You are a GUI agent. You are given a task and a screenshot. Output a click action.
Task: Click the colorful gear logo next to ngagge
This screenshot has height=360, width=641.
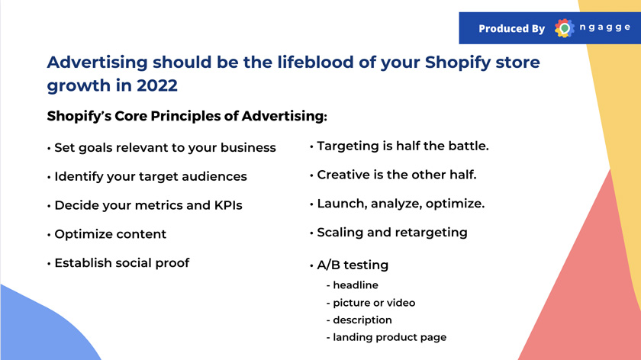(564, 28)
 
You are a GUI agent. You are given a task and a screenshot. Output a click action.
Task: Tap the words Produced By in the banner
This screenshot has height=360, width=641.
(512, 29)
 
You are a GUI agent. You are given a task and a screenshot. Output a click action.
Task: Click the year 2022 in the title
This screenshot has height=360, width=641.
(157, 85)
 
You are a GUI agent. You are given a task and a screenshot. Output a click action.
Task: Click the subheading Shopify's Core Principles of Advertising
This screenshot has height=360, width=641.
(187, 116)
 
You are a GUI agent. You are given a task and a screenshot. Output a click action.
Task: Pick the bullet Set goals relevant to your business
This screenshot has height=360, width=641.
(162, 147)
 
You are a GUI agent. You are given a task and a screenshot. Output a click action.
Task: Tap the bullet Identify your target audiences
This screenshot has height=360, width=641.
(147, 176)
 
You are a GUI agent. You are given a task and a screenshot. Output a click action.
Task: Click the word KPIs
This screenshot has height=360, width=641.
(228, 204)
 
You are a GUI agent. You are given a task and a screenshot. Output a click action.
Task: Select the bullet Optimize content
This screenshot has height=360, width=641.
(107, 234)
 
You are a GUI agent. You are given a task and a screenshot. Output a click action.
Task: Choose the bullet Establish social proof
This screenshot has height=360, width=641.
(118, 262)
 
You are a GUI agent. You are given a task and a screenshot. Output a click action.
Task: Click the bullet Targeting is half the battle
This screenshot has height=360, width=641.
(399, 146)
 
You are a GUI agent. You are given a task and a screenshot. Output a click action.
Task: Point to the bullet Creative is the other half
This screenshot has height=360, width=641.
(393, 175)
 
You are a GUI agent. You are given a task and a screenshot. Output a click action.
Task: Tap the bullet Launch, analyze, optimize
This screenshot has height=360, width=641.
(398, 204)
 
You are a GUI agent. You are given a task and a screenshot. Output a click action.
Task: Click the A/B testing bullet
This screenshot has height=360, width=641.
(349, 265)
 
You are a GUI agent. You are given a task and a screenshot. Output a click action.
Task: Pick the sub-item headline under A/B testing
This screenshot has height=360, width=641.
(353, 284)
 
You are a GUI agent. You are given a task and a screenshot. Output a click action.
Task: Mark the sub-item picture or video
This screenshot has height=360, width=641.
(371, 303)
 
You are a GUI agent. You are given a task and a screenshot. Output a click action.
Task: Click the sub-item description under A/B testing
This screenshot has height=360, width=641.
(359, 320)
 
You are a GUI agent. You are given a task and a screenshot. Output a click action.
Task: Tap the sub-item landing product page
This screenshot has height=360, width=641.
(386, 338)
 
